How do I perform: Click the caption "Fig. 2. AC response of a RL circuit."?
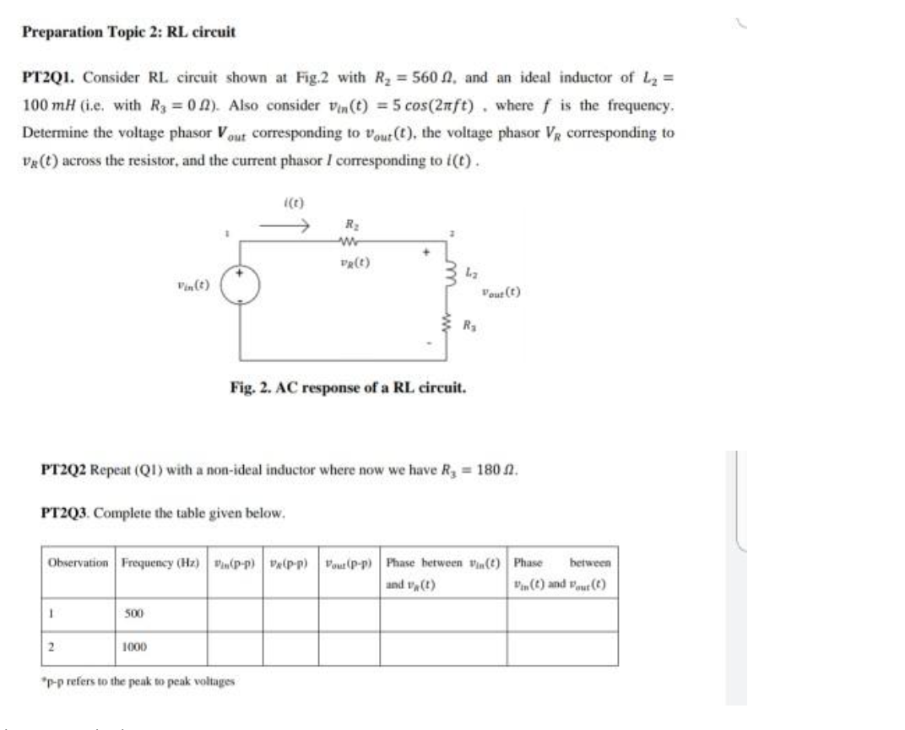click(x=346, y=389)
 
